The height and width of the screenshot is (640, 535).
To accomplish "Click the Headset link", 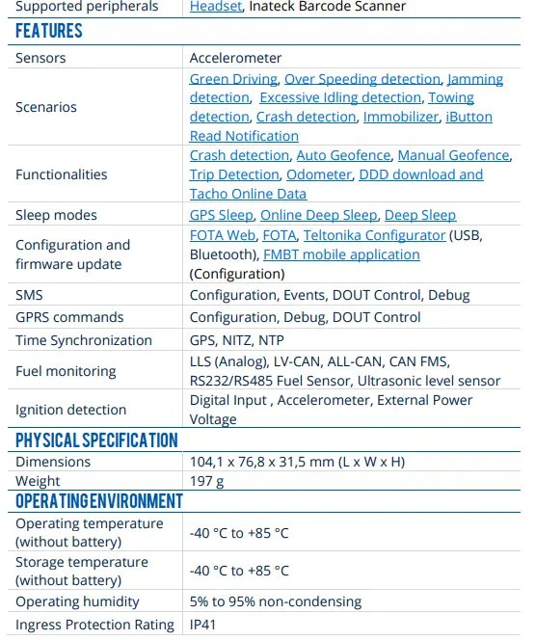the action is [x=216, y=7].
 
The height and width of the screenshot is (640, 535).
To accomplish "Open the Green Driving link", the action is [x=233, y=79].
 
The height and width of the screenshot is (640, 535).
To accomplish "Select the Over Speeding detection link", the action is [x=363, y=79].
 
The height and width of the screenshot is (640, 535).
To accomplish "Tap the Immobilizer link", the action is [x=400, y=117].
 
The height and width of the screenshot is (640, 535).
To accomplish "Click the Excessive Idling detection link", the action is [x=340, y=98].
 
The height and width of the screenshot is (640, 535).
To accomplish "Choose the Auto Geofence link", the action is [x=343, y=155].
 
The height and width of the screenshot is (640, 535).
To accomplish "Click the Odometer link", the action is [x=318, y=174].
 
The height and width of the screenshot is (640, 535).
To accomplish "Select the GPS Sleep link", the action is [x=221, y=215].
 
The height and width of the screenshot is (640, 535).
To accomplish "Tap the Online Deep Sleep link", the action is [x=318, y=215].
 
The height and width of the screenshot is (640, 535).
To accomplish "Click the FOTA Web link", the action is [x=223, y=235].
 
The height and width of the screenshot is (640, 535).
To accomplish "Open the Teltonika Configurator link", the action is [x=374, y=235].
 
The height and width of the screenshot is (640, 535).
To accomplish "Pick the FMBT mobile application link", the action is [x=341, y=254].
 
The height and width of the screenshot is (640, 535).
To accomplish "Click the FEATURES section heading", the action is [x=49, y=31].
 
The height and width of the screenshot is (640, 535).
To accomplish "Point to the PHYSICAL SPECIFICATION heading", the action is [x=96, y=440].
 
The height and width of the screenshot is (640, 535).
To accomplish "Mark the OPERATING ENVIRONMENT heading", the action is [x=98, y=500].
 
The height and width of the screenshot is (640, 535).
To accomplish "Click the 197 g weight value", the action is [x=206, y=481].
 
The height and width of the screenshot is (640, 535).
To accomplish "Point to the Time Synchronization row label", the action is [x=84, y=340].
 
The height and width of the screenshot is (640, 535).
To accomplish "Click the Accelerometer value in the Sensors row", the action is [x=235, y=58].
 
